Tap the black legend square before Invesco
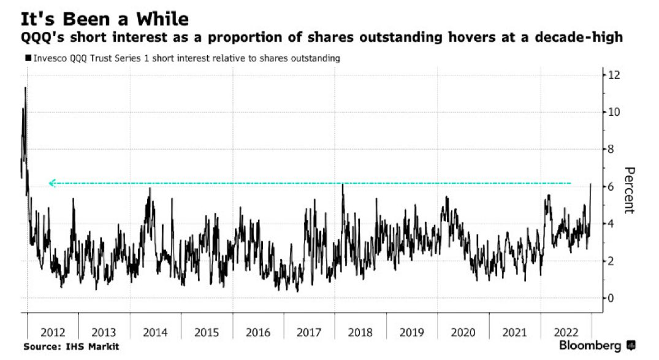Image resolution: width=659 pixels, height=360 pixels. coord(28,58)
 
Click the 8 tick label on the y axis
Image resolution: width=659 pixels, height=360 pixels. coord(611,150)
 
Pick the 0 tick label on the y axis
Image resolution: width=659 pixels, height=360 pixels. coord(611,299)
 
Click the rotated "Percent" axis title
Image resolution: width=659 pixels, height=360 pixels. coord(628,190)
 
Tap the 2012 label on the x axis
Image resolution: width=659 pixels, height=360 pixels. coord(53,332)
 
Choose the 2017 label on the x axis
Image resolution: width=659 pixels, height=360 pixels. coord(309,332)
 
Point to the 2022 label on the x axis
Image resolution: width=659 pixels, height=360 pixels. coord(565,332)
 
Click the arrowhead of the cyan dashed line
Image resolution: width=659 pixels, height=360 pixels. coord(52,183)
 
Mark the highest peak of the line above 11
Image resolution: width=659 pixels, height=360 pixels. coord(25,88)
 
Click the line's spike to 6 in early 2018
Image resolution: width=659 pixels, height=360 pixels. coord(343,185)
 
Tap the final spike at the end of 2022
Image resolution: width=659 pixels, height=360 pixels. coord(590,184)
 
